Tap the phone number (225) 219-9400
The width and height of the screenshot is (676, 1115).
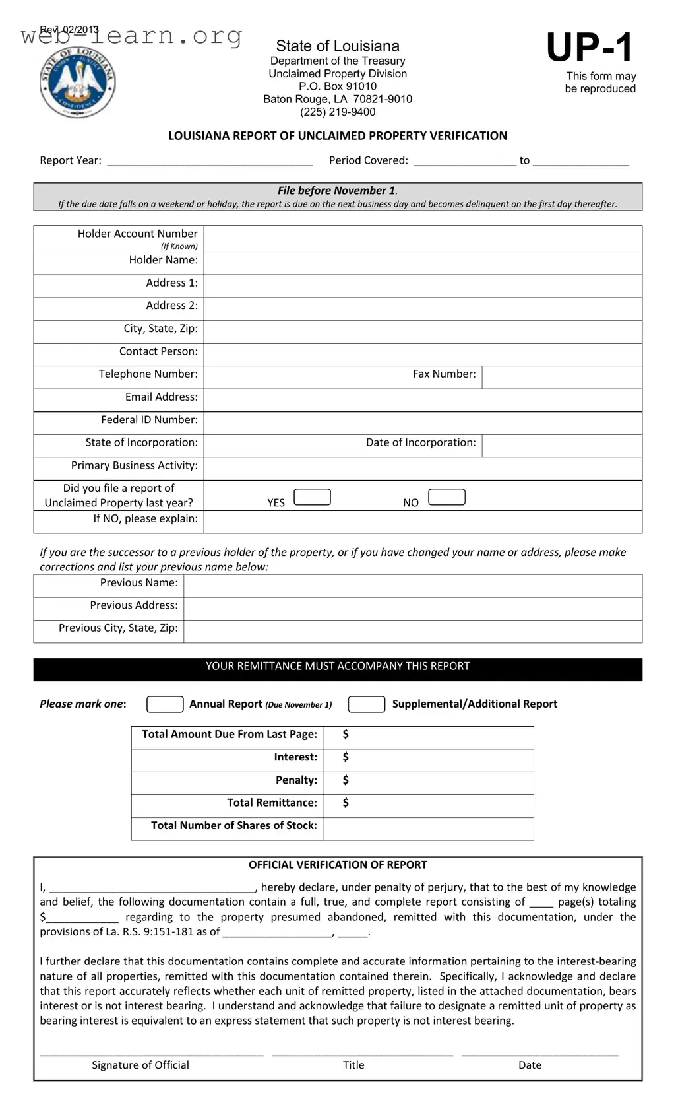click(x=338, y=112)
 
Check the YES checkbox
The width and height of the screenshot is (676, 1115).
click(x=312, y=497)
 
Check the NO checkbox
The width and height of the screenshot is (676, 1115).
click(x=446, y=497)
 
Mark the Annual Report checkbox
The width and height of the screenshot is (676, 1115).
click(x=165, y=704)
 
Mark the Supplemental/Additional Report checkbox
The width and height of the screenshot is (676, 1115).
click(x=366, y=704)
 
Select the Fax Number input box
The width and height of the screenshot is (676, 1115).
click(x=561, y=377)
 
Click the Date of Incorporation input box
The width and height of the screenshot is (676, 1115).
click(x=561, y=446)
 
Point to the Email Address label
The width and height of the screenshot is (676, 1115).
click(x=162, y=397)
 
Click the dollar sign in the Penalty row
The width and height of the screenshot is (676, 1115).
click(x=346, y=780)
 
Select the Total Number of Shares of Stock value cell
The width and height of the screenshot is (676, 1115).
click(x=427, y=828)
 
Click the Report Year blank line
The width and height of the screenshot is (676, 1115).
click(x=210, y=160)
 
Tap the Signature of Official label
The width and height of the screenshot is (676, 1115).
click(x=140, y=1065)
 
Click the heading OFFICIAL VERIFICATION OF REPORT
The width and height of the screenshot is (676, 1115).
click(x=338, y=865)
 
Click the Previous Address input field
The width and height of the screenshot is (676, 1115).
click(x=412, y=608)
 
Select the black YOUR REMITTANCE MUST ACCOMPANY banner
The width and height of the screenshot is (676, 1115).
click(x=338, y=669)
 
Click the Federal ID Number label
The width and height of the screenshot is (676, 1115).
click(x=149, y=419)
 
